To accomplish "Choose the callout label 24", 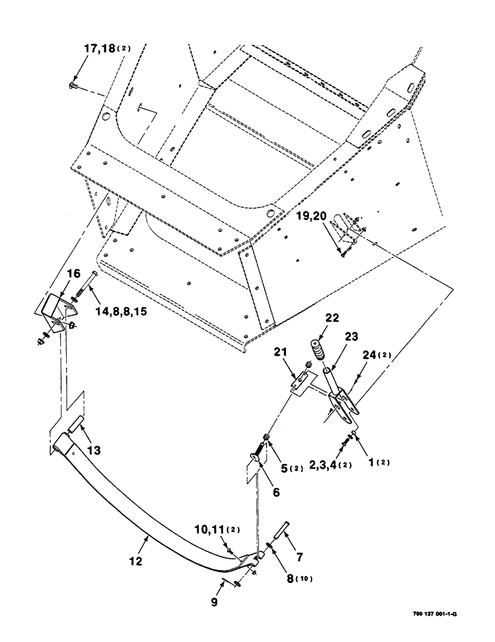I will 376,369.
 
